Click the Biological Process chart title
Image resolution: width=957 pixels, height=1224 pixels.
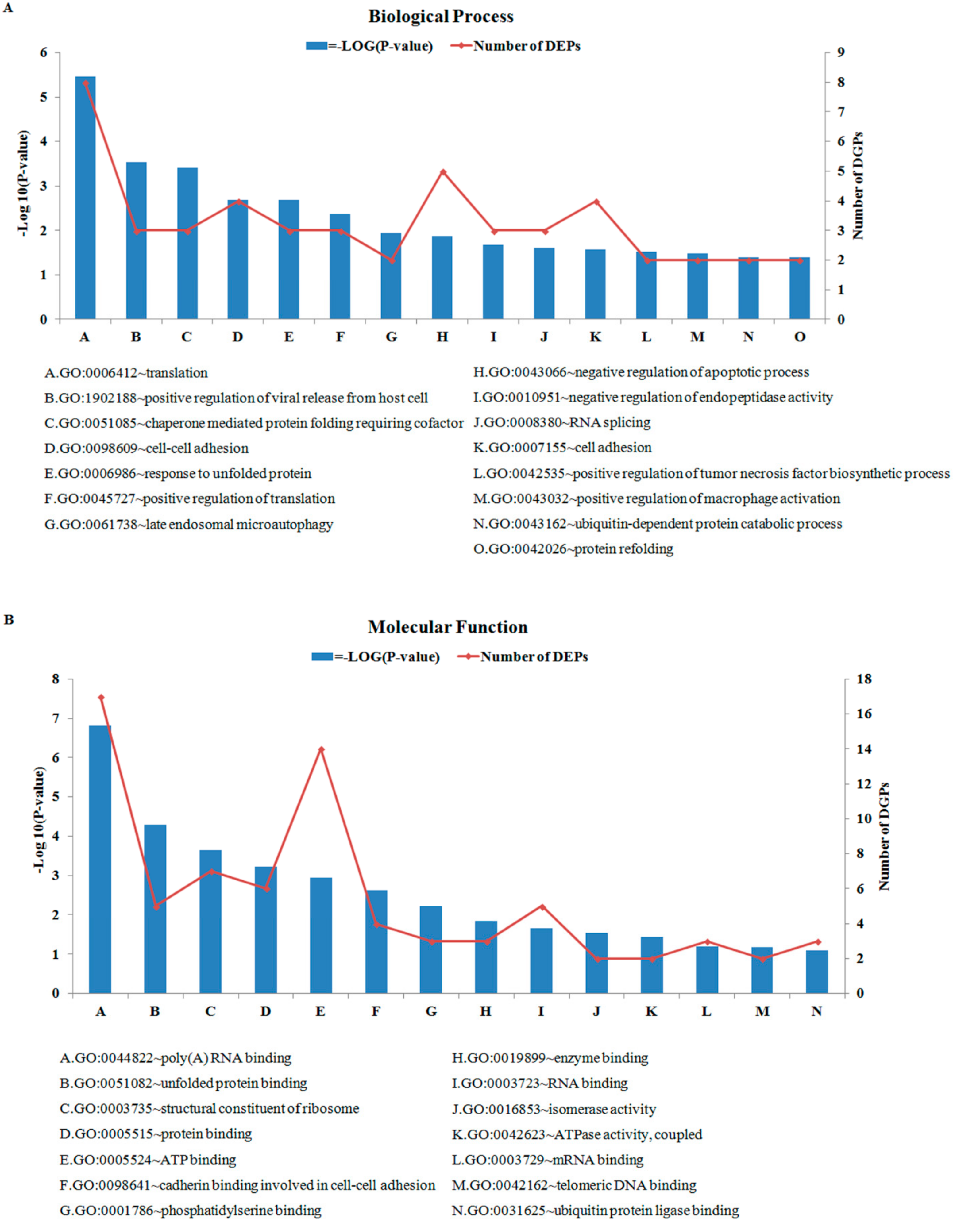click(441, 17)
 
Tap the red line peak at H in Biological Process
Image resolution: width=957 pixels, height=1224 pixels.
click(442, 171)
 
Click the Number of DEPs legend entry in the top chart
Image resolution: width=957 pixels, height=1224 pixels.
click(516, 46)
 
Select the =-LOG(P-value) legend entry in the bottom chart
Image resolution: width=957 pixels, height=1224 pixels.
click(376, 657)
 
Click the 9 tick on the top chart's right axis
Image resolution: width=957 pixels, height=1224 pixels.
click(840, 53)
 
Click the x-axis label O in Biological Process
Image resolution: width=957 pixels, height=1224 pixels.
click(800, 337)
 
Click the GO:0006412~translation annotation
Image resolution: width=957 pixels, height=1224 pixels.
click(126, 373)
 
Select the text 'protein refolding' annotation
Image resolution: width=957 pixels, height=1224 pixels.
click(573, 549)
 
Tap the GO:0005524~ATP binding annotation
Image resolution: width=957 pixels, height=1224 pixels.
click(148, 1160)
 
